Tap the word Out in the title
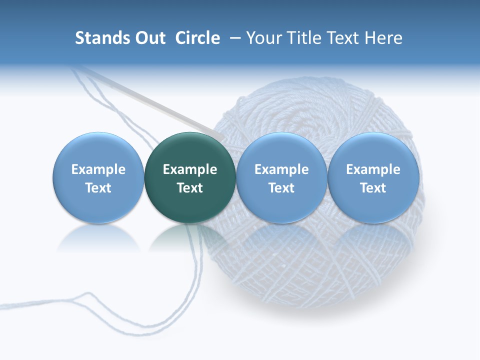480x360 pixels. click(149, 38)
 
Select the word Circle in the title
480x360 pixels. click(197, 38)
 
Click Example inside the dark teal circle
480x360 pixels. click(190, 169)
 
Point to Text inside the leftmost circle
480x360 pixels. click(98, 188)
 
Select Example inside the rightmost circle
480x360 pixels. click(373, 169)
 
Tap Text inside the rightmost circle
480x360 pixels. click(373, 188)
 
